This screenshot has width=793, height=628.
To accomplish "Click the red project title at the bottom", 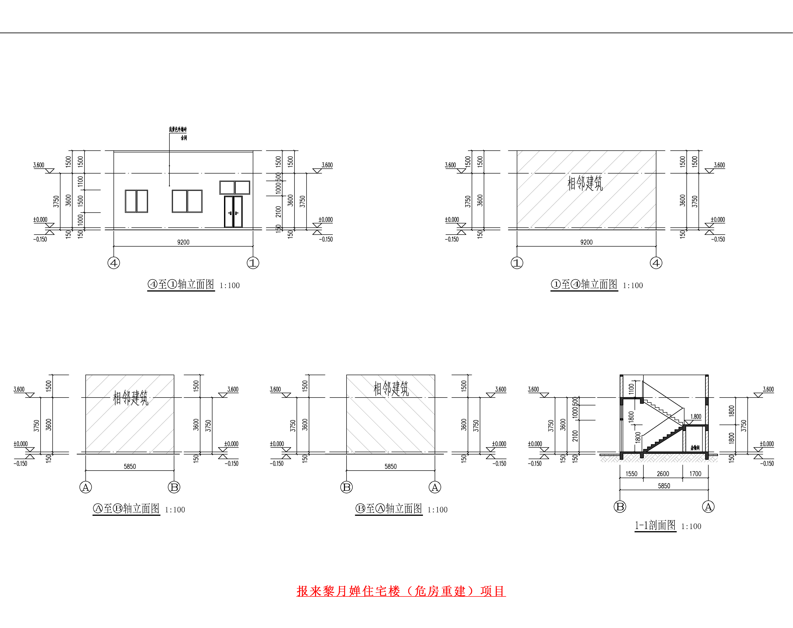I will coord(401,591).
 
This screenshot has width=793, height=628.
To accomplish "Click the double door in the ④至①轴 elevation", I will coord(233,212).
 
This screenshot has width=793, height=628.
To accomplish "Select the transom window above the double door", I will coord(235,188).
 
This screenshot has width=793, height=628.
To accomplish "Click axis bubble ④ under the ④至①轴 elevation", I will coord(113,263).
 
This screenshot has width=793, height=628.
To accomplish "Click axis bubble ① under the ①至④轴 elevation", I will coord(517,263).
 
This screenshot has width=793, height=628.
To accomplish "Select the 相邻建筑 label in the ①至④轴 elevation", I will coord(585,183).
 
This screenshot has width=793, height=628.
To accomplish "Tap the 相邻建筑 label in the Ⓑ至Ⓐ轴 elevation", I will coord(391,389).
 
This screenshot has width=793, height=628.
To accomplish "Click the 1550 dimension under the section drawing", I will coord(631,474).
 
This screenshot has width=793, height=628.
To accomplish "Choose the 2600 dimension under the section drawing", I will coord(663,474).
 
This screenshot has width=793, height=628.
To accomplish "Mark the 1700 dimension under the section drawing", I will coord(695,474).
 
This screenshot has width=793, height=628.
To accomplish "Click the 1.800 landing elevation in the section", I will coord(696,417).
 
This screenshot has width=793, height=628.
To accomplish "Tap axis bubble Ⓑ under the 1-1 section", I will coord(620,507).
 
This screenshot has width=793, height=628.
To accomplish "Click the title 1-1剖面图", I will coord(655,525).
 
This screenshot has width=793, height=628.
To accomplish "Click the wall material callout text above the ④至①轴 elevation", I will coord(178,129).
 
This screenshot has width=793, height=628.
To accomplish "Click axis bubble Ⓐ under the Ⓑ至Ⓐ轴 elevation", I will coord(435,487).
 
